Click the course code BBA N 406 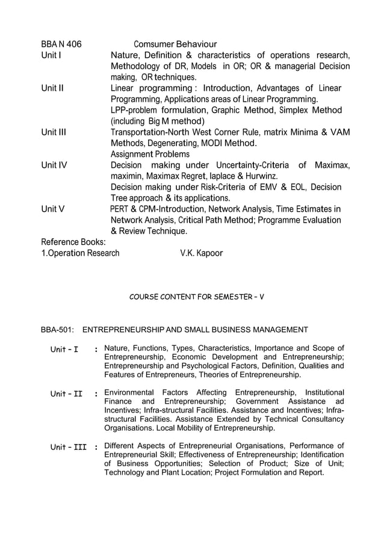[x=61, y=44]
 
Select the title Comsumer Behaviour [x=175, y=44]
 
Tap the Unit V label [x=53, y=209]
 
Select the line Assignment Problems [x=150, y=154]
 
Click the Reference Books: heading [x=73, y=242]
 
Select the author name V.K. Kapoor [x=201, y=253]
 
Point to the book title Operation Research [x=83, y=253]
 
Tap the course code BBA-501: [x=57, y=330]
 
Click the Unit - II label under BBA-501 [x=66, y=395]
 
